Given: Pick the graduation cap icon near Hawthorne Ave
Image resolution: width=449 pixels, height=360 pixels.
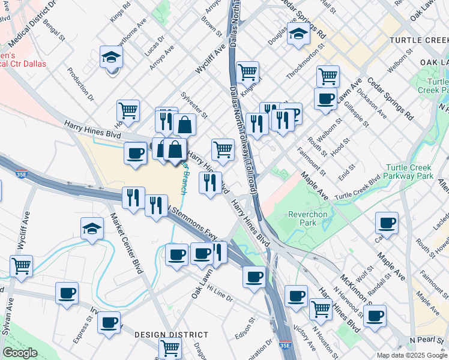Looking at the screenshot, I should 111,58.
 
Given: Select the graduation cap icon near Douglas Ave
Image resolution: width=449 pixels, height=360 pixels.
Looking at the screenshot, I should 297,34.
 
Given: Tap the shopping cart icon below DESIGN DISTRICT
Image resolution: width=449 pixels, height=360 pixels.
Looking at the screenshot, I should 170,347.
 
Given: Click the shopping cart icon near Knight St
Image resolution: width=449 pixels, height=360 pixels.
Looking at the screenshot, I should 247,72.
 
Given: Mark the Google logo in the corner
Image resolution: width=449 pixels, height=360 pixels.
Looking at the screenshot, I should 20,353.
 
